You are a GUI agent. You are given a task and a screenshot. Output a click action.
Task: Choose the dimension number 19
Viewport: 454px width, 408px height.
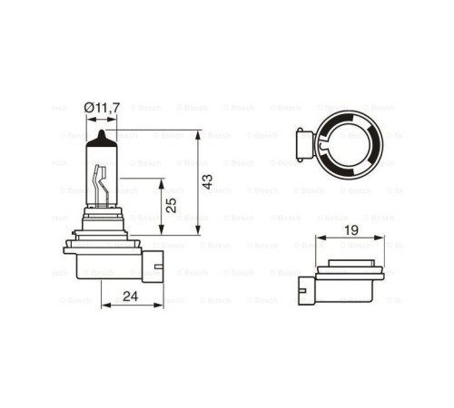[x=350, y=231]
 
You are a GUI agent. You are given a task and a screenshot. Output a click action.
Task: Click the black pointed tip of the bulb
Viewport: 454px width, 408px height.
[x=99, y=137]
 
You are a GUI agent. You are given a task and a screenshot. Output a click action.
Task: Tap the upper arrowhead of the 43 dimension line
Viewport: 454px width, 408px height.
[x=195, y=133]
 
